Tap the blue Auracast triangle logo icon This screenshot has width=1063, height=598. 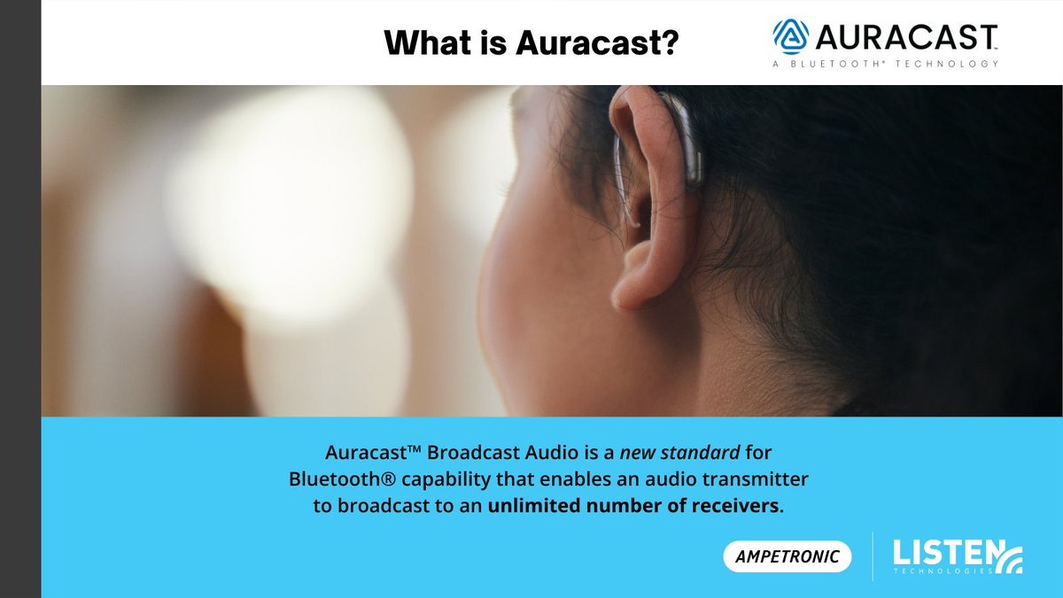pyautogui.click(x=791, y=37)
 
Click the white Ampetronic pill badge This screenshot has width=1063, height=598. pyautogui.click(x=788, y=556)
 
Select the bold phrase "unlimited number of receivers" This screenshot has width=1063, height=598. pyautogui.click(x=634, y=507)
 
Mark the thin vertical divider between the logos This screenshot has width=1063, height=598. pyautogui.click(x=873, y=556)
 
